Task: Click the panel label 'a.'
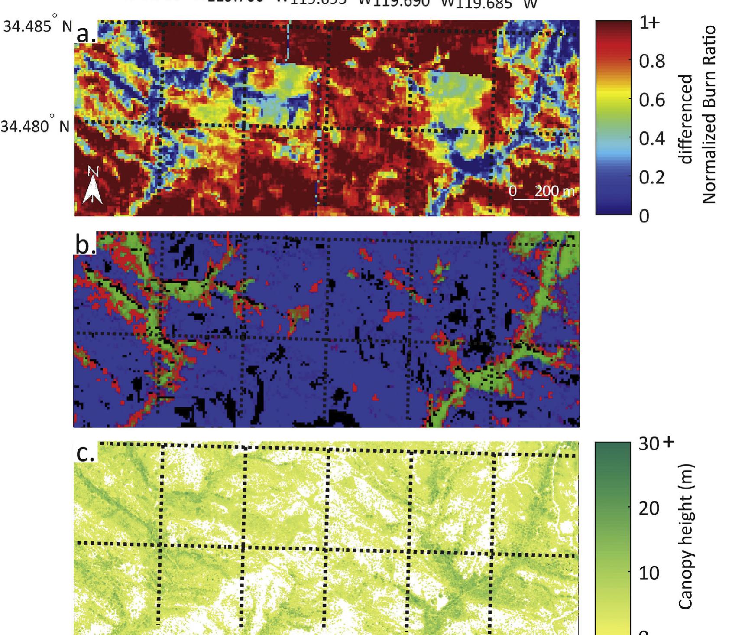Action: coord(86,34)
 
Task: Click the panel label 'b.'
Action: coord(85,244)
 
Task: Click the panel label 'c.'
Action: coord(85,453)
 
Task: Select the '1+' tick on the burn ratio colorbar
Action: coord(649,23)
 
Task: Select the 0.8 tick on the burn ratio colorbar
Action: coord(652,62)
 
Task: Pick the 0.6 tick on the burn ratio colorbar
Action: coord(652,100)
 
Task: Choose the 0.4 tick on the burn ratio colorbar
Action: coord(652,139)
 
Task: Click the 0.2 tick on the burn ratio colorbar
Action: coord(652,177)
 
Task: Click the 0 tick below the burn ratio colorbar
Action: coord(645,215)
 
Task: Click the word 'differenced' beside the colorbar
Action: coord(687,119)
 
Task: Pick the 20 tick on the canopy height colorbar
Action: coord(649,508)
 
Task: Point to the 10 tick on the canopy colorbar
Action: coord(649,573)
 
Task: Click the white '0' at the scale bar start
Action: coord(513,191)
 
